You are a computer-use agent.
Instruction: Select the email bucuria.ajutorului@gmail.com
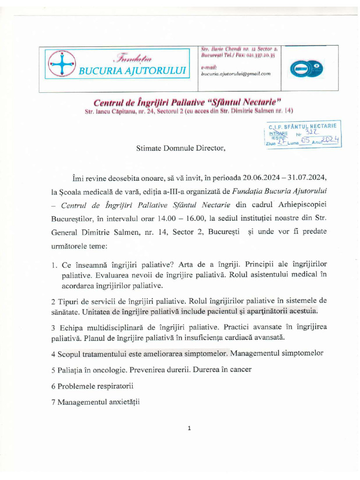tap(236, 74)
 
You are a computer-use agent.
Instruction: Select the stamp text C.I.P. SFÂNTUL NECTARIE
tap(302, 127)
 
